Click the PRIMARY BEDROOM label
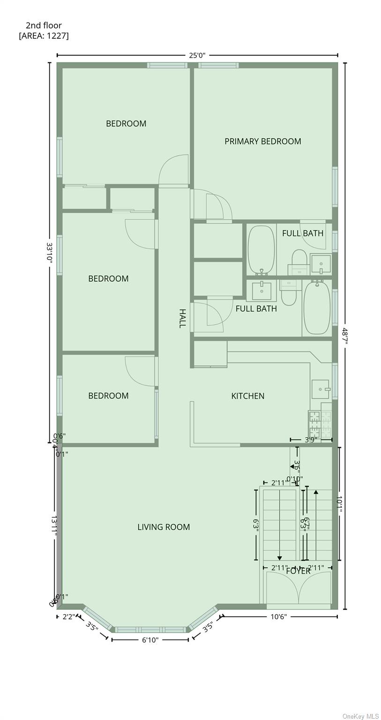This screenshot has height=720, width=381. point(262,141)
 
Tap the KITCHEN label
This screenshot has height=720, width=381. point(247,396)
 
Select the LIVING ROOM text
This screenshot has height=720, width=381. point(164,527)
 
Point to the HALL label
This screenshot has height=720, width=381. point(182,318)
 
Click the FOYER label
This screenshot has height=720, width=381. point(298,571)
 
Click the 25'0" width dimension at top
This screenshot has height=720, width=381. point(197,55)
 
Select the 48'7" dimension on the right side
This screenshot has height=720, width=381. point(345,336)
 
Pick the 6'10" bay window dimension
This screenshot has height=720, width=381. point(150,640)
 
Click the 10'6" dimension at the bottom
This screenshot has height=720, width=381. point(278,616)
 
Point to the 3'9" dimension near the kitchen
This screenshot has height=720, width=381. point(311,440)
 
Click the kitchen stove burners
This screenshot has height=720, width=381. point(320,424)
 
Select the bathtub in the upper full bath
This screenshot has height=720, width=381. point(261,250)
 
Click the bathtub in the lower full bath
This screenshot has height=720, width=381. point(317,307)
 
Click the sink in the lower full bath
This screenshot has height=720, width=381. point(261,291)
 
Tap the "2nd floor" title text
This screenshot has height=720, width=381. point(44,26)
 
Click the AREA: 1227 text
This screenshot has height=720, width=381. point(44,36)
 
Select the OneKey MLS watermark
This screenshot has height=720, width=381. point(360,716)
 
